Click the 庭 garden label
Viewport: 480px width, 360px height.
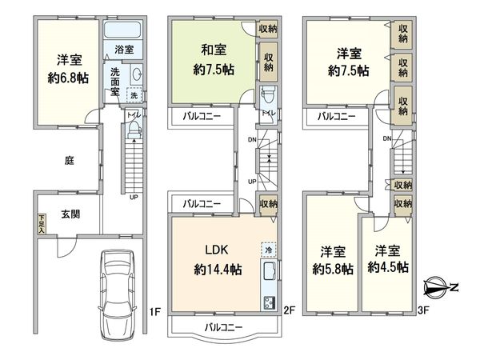[x=70, y=160]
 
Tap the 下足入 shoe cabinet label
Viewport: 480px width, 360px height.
[x=41, y=222]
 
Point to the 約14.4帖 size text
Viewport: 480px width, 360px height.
[x=217, y=270]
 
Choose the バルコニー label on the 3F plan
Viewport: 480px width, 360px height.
[x=335, y=117]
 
